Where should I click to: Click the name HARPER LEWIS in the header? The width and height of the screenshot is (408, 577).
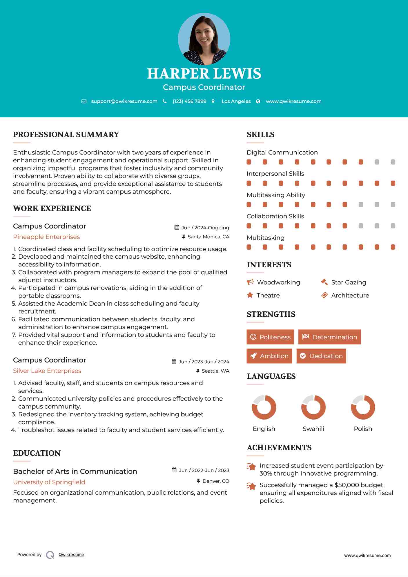(x=204, y=74)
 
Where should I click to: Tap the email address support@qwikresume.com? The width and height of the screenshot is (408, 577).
(x=124, y=101)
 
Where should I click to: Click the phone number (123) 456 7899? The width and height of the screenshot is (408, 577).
(x=189, y=101)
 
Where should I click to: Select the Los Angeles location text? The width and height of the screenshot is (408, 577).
(x=236, y=101)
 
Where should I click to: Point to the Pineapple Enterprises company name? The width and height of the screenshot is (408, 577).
(x=46, y=237)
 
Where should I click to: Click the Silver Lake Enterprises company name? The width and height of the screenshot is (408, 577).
(x=47, y=371)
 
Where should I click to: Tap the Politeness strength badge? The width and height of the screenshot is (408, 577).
(x=270, y=337)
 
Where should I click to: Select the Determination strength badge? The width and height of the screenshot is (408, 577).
(x=329, y=337)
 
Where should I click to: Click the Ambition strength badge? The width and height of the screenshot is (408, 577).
(x=269, y=356)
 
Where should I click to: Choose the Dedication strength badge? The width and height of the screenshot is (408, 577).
(x=321, y=356)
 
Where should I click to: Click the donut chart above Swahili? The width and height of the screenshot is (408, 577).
(x=313, y=407)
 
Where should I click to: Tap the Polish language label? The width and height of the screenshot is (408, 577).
(x=363, y=429)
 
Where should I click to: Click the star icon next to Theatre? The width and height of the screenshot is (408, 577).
(x=250, y=295)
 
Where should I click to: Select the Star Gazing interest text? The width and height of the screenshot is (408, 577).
(x=349, y=282)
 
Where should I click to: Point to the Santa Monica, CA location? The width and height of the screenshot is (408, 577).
(x=208, y=237)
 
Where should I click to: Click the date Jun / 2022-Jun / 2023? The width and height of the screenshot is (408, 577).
(x=204, y=470)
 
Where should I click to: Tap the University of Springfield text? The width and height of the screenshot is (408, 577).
(x=49, y=482)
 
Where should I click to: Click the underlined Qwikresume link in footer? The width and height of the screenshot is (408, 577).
(x=71, y=555)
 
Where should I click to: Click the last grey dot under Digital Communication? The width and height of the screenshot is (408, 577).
(x=393, y=162)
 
